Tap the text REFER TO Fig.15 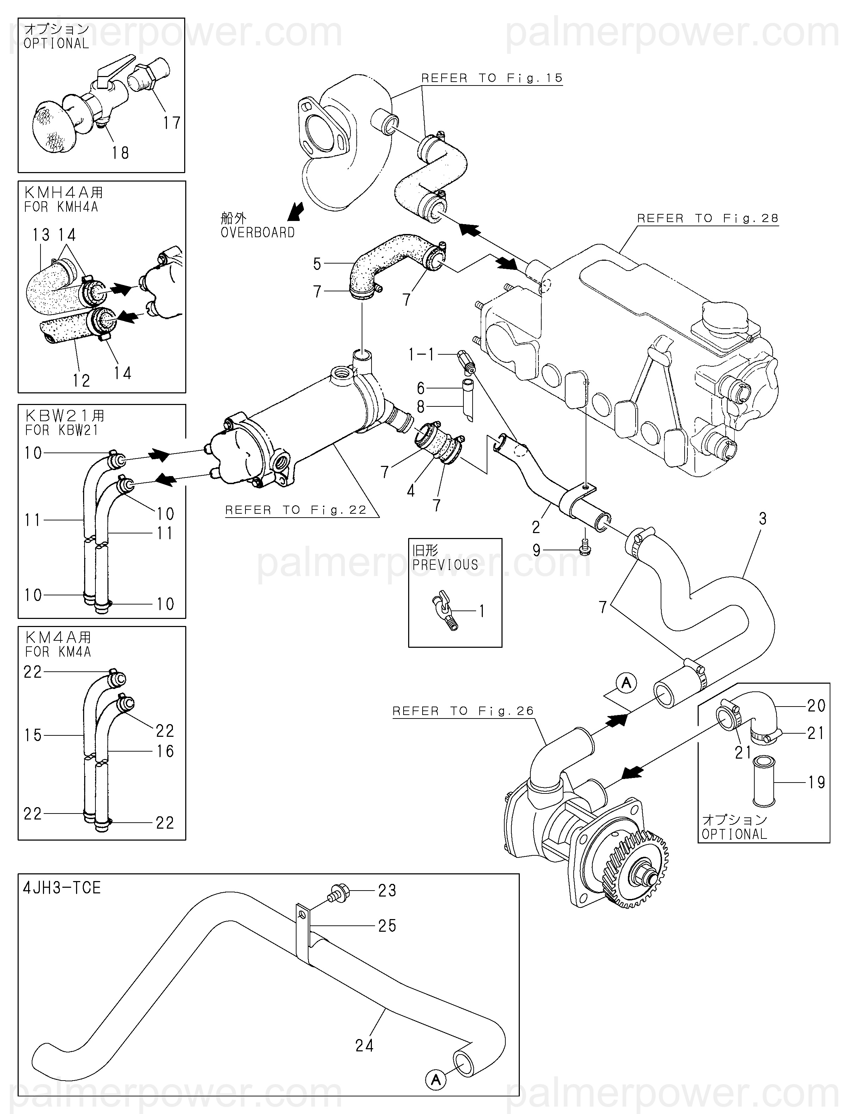pos(492,78)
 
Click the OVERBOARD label pos(257,233)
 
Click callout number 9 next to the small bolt pos(537,550)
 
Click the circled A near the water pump pos(626,683)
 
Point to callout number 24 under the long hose pos(364,1046)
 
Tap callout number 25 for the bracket pos(387,926)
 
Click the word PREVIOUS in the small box pos(445,565)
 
